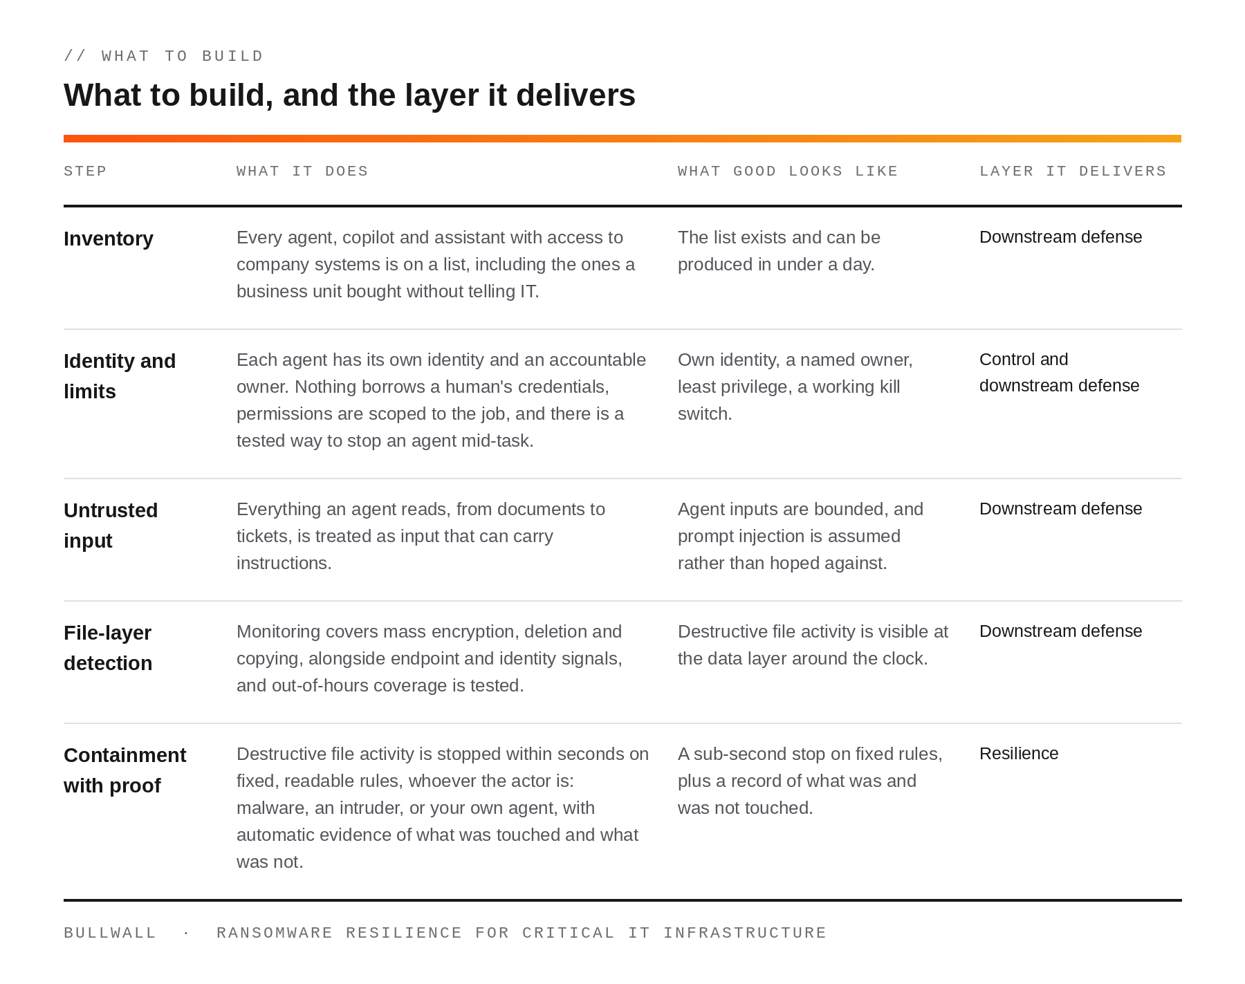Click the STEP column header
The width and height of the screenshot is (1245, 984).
tap(85, 171)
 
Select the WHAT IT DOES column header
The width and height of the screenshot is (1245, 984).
tap(302, 171)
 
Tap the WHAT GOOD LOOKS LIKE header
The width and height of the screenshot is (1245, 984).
tap(788, 171)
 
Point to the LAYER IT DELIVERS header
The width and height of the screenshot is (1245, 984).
tap(1073, 171)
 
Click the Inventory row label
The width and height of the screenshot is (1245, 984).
tap(109, 239)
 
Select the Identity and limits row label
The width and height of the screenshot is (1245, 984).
tap(120, 376)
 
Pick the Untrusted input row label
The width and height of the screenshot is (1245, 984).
tap(111, 526)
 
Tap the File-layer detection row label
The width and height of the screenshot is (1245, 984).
tap(108, 648)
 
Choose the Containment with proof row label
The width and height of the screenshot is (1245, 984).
tap(124, 770)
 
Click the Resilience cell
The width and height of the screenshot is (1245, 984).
tap(1019, 754)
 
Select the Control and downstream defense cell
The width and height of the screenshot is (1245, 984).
tap(1059, 373)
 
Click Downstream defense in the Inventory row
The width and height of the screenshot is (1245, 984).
tap(1060, 237)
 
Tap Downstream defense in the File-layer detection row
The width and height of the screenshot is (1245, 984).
tap(1060, 631)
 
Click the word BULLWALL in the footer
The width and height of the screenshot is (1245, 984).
tap(110, 934)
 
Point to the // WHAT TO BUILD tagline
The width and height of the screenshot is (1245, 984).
tap(164, 56)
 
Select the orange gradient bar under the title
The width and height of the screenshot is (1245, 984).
tap(622, 138)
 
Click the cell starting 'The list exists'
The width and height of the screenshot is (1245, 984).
tap(779, 251)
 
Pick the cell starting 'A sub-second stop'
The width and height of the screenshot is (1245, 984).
tap(810, 781)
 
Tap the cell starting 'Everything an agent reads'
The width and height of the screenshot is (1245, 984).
tap(421, 536)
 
